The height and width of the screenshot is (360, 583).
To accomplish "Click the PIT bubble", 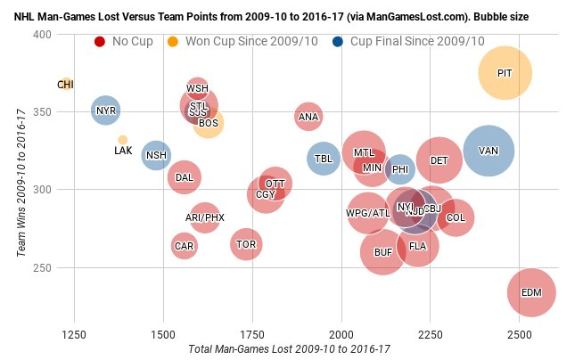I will [505, 73].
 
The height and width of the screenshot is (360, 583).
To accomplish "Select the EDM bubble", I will [531, 292].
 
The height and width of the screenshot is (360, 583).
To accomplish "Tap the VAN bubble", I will [488, 151].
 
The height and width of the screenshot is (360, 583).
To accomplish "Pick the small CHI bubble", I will [66, 84].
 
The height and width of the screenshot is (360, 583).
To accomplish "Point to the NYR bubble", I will [106, 110].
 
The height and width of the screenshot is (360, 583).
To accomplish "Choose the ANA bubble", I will [308, 116].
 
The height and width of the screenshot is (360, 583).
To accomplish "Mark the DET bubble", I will [439, 160].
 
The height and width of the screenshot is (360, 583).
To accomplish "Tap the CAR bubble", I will [184, 245].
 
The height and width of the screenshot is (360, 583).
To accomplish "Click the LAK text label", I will [123, 151].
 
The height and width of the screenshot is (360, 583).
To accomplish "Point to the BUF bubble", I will [383, 252].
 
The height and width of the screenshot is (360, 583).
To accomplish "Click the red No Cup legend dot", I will [100, 42].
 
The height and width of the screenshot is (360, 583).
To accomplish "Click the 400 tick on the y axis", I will [41, 34].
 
